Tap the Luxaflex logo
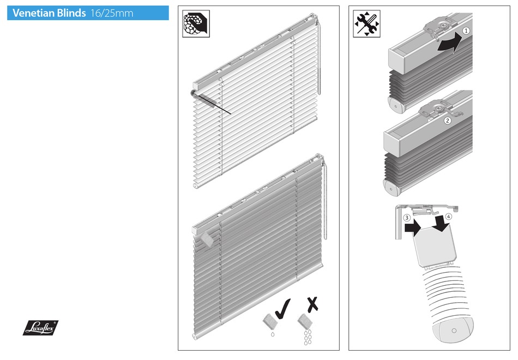[41, 327]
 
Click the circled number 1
[466, 31]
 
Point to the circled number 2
[447, 121]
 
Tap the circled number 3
[407, 218]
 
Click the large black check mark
[282, 309]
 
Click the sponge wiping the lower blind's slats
[206, 238]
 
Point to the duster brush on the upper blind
[210, 102]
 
